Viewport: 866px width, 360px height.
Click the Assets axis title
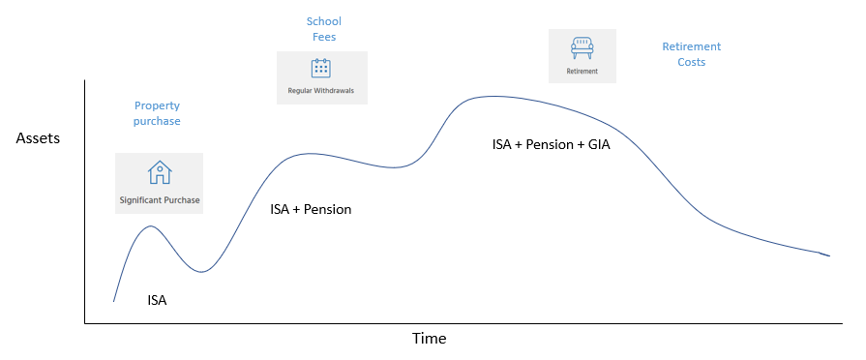tap(38, 138)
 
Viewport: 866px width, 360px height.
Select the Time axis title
tap(430, 338)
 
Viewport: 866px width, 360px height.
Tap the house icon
tap(160, 172)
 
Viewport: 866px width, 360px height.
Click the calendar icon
tap(321, 68)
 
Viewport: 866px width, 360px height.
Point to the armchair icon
tap(582, 48)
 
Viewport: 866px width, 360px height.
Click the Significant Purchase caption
tap(159, 200)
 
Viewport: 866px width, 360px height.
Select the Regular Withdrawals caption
tap(321, 90)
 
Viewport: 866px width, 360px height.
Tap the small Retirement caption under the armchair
tap(582, 72)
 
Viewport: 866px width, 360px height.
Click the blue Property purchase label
tap(157, 113)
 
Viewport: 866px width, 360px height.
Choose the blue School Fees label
tap(323, 29)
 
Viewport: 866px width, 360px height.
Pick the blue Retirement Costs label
tap(692, 54)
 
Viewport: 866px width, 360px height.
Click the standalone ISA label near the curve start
tap(157, 301)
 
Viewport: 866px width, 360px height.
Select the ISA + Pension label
tap(311, 210)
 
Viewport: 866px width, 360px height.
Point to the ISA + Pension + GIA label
tap(552, 145)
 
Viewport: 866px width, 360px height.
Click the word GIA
tap(599, 145)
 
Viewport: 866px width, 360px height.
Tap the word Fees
tap(323, 37)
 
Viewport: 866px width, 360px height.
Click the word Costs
tap(692, 62)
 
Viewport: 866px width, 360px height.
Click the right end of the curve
tap(829, 256)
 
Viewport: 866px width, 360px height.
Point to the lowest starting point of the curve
tap(114, 302)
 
